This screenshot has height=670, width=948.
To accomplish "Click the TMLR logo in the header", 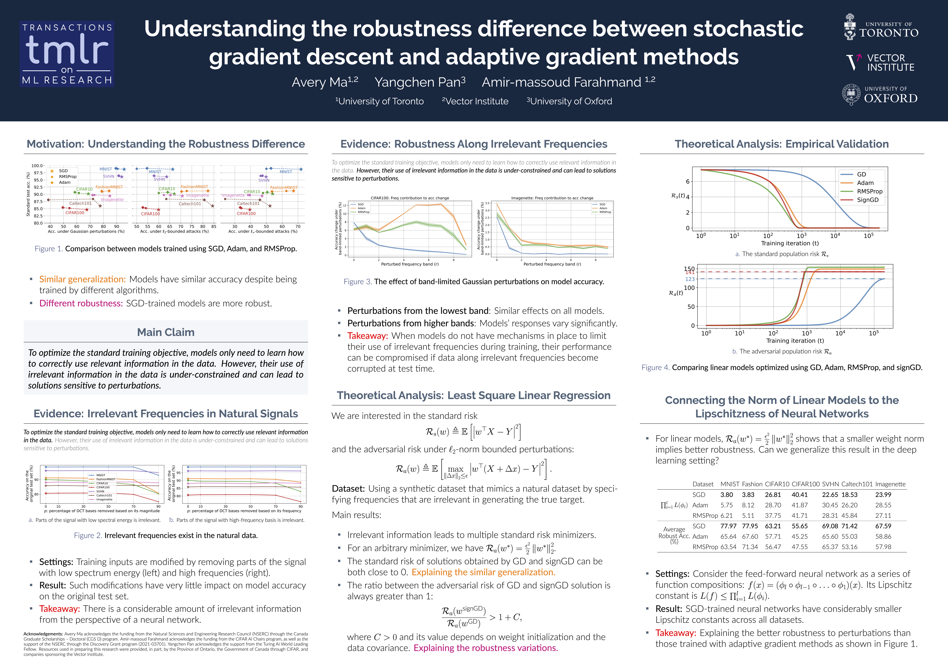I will click(67, 54).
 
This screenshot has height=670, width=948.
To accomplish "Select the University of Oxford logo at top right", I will click(880, 95).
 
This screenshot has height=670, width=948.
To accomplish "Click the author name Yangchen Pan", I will click(420, 82).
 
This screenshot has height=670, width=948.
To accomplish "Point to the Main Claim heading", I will click(166, 332).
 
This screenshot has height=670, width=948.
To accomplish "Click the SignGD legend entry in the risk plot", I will click(867, 200).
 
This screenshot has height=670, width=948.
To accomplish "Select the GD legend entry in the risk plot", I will click(861, 174).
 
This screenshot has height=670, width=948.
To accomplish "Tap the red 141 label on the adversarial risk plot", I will click(690, 272).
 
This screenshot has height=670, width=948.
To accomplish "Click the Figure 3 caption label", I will click(358, 282).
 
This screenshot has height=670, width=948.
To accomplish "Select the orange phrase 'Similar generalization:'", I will click(82, 279).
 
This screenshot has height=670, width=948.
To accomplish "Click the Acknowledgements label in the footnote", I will click(43, 634).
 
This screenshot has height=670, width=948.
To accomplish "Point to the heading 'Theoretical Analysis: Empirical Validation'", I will click(782, 144).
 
